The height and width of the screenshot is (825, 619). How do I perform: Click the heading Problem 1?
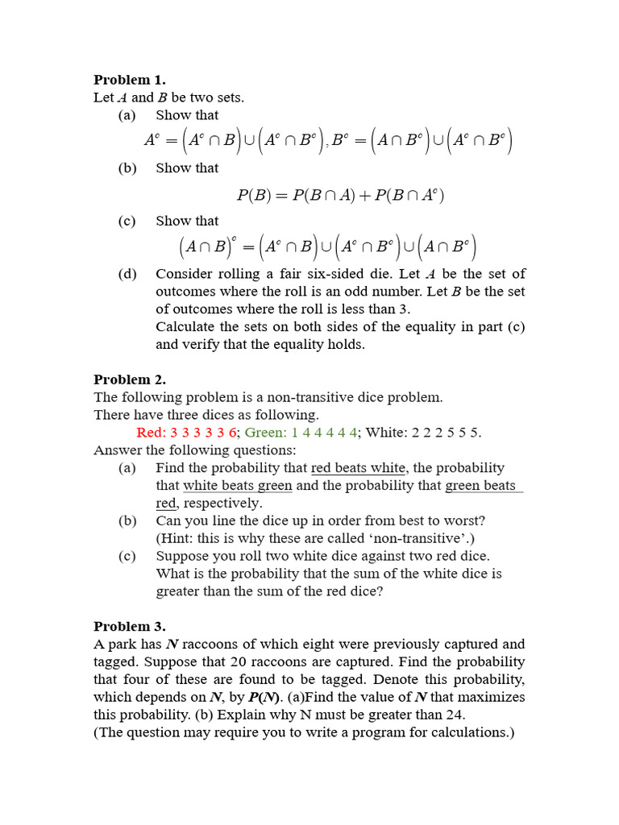[129, 80]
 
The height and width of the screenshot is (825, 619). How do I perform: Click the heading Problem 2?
[129, 379]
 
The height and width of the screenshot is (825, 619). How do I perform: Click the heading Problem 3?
[129, 626]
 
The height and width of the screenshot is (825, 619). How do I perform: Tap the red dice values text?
[187, 433]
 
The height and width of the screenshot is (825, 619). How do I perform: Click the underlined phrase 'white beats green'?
[238, 486]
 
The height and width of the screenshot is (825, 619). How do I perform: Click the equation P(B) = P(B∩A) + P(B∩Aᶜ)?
[340, 195]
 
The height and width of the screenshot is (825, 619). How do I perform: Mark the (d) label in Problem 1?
[127, 274]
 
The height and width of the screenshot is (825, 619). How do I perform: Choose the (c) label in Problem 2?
[127, 556]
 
